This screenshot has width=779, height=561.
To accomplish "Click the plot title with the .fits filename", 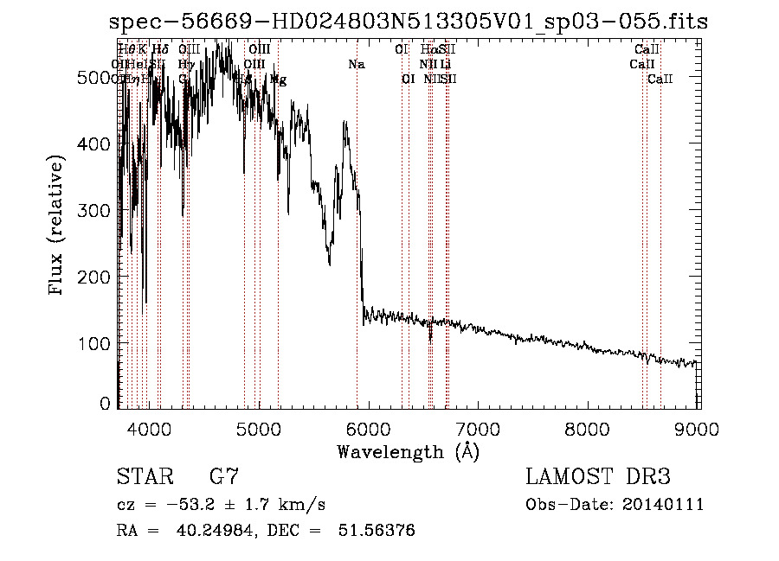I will (409, 22).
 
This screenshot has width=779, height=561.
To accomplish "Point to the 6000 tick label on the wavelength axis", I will (370, 427).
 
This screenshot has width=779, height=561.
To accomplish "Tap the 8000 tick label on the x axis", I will (589, 427).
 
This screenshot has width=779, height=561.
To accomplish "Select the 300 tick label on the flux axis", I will (96, 210).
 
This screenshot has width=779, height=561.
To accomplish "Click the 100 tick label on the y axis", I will (96, 343).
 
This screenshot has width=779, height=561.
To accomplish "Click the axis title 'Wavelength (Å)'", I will (408, 451).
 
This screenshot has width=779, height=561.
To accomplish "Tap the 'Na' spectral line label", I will (357, 64).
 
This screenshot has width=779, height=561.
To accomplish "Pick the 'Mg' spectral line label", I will (279, 79).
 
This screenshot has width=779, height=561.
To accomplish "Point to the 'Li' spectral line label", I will (445, 64).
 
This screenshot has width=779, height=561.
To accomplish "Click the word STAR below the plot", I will (145, 477).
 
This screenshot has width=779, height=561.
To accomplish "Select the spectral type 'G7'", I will (224, 477).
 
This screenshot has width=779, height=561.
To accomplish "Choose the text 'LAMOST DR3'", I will (598, 477).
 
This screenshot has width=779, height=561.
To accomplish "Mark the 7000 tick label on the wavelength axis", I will (480, 427).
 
